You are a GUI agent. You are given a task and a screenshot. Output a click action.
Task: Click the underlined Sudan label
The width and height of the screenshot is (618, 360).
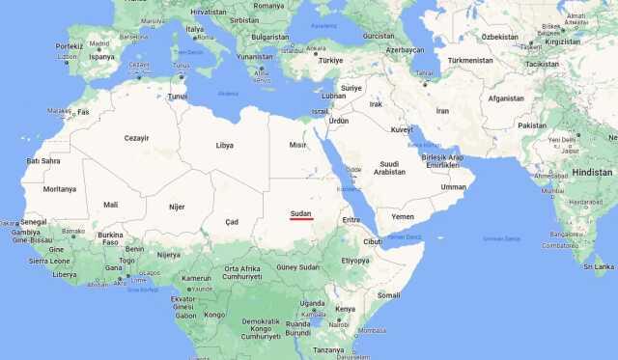click(301, 211)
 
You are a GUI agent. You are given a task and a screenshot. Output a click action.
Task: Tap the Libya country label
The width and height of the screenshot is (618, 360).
click(224, 146)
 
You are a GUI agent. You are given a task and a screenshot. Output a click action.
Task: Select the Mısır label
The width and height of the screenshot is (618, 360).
click(298, 145)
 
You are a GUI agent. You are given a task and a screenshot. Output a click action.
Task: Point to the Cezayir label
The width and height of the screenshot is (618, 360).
click(137, 138)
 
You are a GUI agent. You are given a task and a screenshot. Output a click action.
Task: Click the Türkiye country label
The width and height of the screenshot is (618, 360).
click(331, 59)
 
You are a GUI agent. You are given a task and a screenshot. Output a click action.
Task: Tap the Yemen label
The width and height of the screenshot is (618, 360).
click(402, 216)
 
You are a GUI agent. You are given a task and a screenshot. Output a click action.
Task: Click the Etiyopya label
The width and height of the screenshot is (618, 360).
click(355, 260)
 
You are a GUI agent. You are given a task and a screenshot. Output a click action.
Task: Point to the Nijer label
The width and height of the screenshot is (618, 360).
click(177, 207)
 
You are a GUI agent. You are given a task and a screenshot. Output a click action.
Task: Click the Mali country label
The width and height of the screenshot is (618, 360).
click(111, 205)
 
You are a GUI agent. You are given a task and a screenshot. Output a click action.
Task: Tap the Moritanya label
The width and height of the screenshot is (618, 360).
click(59, 189)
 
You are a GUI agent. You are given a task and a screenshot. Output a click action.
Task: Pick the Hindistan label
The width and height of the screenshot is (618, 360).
click(592, 171)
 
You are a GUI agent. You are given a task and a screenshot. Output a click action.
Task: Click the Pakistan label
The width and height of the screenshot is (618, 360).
click(531, 125)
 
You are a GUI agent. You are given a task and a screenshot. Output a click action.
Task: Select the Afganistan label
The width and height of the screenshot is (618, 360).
click(506, 97)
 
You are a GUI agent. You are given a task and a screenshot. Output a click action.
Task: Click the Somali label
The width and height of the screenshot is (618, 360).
click(388, 294)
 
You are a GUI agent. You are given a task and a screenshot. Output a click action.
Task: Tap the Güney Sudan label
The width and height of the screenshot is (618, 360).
click(297, 266)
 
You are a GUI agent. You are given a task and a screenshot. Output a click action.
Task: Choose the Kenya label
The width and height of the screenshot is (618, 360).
click(345, 309)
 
